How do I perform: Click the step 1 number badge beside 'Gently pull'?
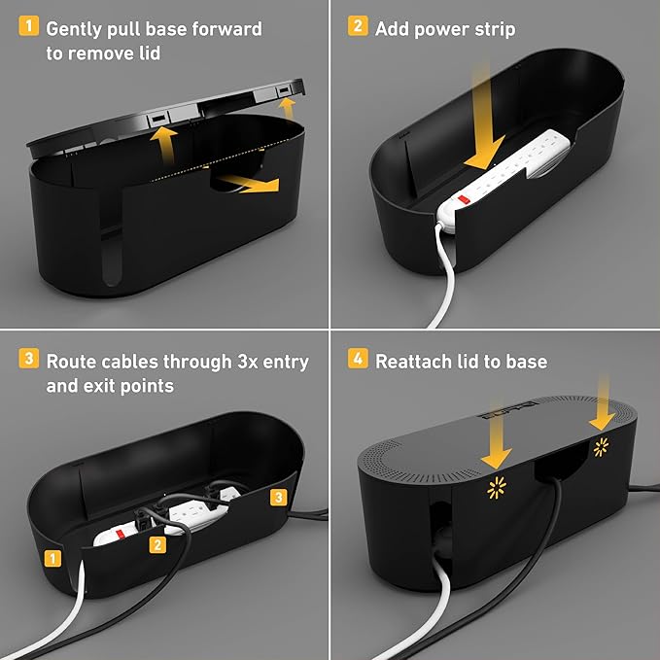pos(29,28)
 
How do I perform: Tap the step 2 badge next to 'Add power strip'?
pos(358,28)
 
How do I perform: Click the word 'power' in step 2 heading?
pos(441,29)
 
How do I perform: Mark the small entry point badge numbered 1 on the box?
pos(50,558)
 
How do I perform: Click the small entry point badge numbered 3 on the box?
pos(278,499)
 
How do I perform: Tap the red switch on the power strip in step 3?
pos(115,533)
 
